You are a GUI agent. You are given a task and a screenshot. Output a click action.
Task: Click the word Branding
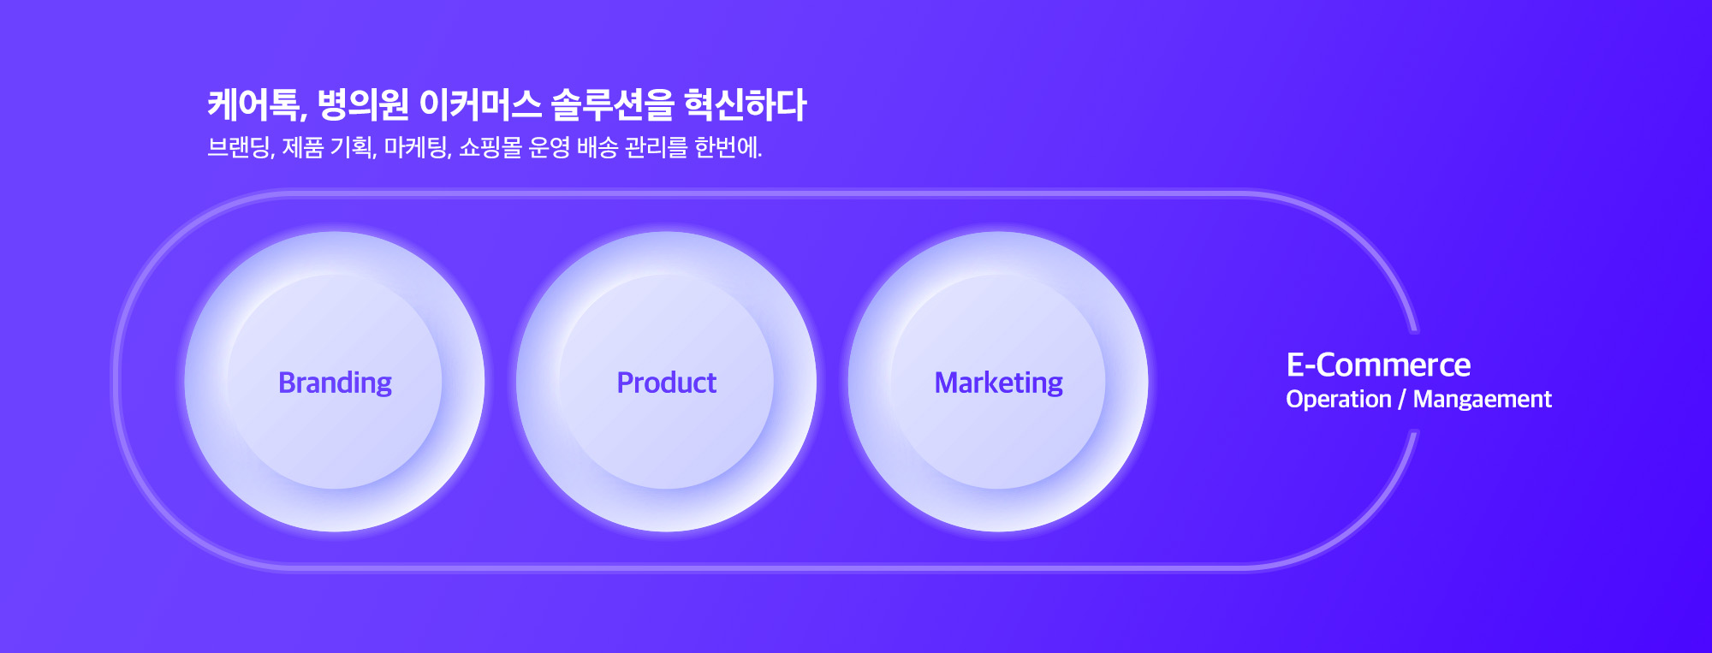[x=335, y=383]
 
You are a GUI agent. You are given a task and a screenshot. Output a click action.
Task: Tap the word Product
[x=666, y=383]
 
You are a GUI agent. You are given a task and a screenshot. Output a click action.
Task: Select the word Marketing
[x=998, y=383]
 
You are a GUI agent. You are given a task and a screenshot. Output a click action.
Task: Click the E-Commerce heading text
[x=1378, y=365]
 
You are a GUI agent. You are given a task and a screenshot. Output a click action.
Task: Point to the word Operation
[x=1338, y=399]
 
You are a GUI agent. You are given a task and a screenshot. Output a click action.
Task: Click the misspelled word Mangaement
[x=1482, y=399]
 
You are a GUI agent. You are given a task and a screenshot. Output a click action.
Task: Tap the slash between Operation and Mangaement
[x=1402, y=399]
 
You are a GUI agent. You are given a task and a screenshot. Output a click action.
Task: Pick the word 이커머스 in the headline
[x=480, y=104]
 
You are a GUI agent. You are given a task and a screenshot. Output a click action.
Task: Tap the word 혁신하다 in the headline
[x=745, y=104]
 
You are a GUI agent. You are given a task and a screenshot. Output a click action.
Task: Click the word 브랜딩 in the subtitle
[x=241, y=147]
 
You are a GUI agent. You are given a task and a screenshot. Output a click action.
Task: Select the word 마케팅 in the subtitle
[x=417, y=147]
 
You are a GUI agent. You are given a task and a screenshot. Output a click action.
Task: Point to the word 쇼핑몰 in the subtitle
[x=490, y=147]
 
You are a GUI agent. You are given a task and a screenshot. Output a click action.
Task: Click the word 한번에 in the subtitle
[x=728, y=147]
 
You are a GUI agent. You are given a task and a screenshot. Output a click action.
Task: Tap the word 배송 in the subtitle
[x=597, y=147]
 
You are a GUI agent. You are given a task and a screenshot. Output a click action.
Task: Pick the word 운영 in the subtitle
[x=549, y=147]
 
